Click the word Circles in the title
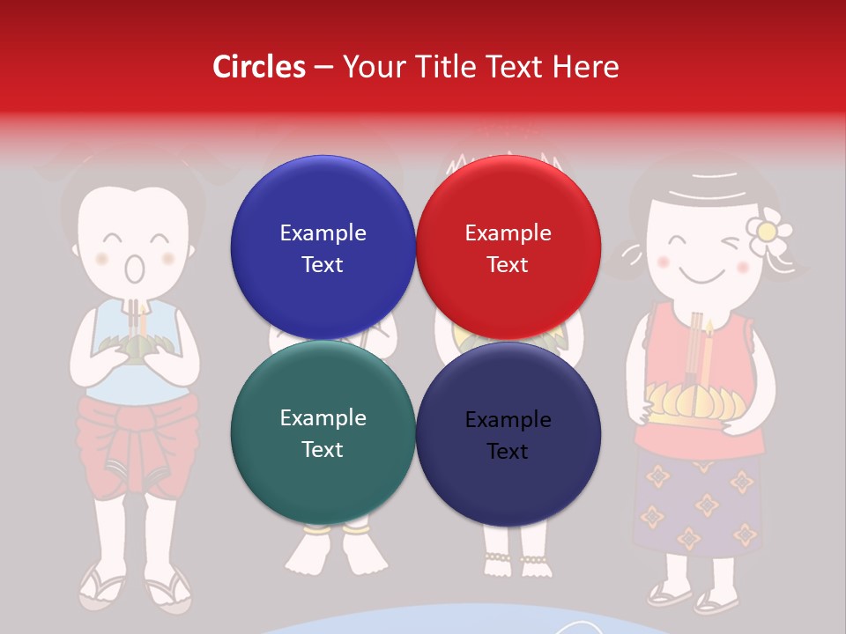coord(258,67)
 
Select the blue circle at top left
coord(323,247)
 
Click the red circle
coord(508,247)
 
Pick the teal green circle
coord(323,432)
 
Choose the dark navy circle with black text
coord(508,434)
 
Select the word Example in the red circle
coord(508,232)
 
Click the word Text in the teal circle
coord(323,449)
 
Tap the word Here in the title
coord(586,67)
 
